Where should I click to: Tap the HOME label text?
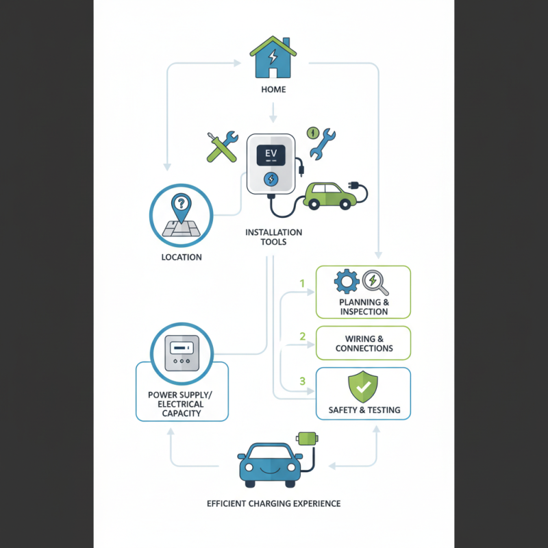pos(273,90)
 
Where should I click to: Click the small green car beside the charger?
pos(330,195)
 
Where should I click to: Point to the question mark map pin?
pos(181,205)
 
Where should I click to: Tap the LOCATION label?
pos(182,258)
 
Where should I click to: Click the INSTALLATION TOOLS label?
pos(273,238)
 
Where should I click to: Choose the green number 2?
pos(302,336)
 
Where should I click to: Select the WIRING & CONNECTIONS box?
pos(363,343)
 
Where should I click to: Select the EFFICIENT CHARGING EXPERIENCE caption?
pos(273,504)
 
